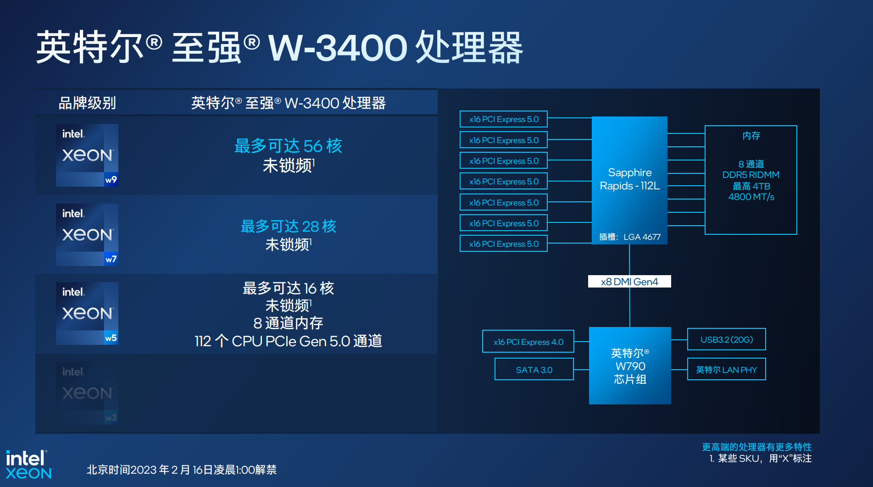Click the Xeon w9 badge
(x=87, y=155)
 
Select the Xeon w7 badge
(x=87, y=235)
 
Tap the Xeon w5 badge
(x=87, y=313)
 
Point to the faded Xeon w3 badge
(x=87, y=393)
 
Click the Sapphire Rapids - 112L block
(x=629, y=180)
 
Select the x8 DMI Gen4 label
(x=629, y=282)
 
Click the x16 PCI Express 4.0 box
(x=528, y=342)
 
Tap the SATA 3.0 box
(x=534, y=370)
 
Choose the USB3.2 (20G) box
(x=727, y=339)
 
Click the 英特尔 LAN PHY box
(x=727, y=370)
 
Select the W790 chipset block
(x=630, y=365)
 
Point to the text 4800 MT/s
(x=751, y=197)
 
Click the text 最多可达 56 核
(x=288, y=146)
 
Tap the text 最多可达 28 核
(x=288, y=226)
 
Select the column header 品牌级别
(x=87, y=103)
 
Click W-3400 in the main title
(x=338, y=48)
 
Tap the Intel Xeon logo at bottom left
(x=29, y=465)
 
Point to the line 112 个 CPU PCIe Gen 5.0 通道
(x=288, y=341)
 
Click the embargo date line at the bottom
(x=182, y=470)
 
